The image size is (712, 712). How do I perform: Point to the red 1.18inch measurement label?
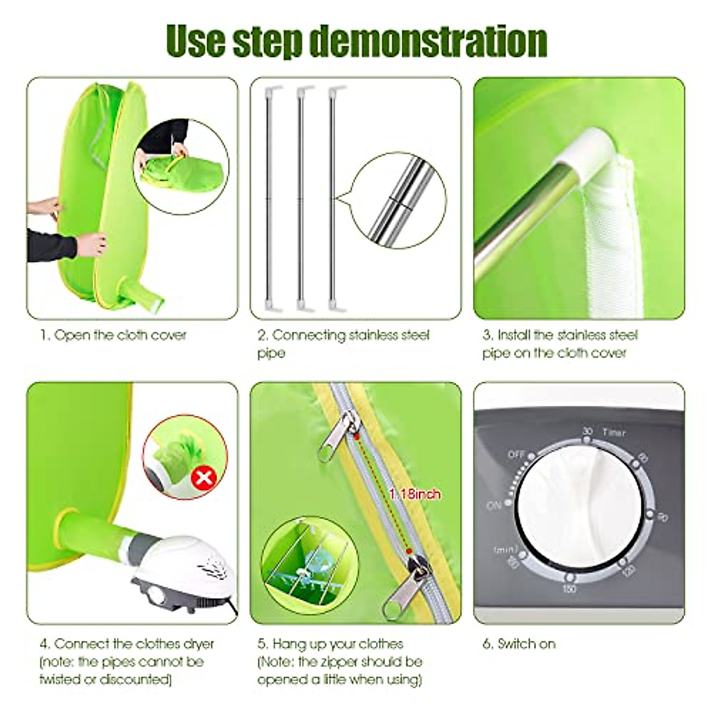point(415,494)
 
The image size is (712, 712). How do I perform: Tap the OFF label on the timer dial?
point(517,454)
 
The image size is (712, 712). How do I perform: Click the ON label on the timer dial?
point(494,506)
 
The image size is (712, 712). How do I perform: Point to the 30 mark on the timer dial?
point(587,431)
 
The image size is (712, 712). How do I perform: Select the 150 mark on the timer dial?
point(568,587)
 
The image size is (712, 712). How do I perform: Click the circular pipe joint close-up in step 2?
point(398,202)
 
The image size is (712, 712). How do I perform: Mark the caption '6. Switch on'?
point(519,644)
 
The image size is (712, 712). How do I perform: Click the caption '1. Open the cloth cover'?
point(113,335)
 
